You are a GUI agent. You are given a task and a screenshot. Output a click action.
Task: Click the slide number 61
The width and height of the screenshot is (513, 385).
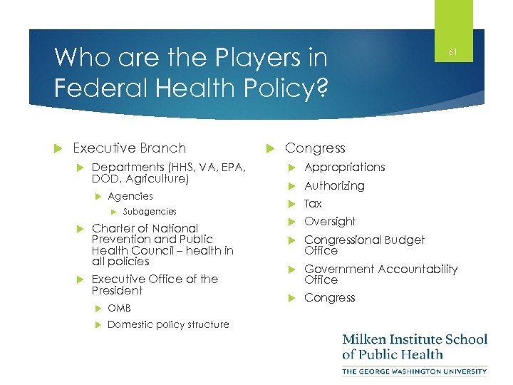(x=452, y=52)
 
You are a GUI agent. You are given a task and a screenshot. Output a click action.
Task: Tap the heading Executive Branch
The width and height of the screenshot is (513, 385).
(x=129, y=148)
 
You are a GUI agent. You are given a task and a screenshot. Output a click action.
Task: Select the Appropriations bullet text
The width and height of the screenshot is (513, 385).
(x=344, y=167)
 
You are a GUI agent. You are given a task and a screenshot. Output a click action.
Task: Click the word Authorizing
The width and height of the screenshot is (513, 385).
(x=334, y=185)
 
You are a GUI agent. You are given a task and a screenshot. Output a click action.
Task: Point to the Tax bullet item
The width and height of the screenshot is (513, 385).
(x=313, y=204)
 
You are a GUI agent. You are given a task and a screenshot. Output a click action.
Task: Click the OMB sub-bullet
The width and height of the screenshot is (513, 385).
(x=119, y=308)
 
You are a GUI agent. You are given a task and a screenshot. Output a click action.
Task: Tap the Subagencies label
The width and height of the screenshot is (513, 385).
(x=150, y=212)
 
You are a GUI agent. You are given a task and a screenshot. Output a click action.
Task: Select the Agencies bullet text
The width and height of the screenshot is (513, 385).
(x=130, y=196)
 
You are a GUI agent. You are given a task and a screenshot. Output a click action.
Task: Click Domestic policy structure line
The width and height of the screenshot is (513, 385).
(x=168, y=324)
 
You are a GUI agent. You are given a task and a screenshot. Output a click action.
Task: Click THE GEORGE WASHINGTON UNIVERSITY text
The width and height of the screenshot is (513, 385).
(x=415, y=371)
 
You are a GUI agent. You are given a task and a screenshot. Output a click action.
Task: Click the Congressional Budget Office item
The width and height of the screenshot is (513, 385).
(x=364, y=245)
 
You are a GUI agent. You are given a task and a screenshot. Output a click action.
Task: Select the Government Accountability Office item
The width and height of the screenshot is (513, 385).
(x=380, y=274)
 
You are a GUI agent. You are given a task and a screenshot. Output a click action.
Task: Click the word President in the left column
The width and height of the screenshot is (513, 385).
(x=117, y=291)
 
